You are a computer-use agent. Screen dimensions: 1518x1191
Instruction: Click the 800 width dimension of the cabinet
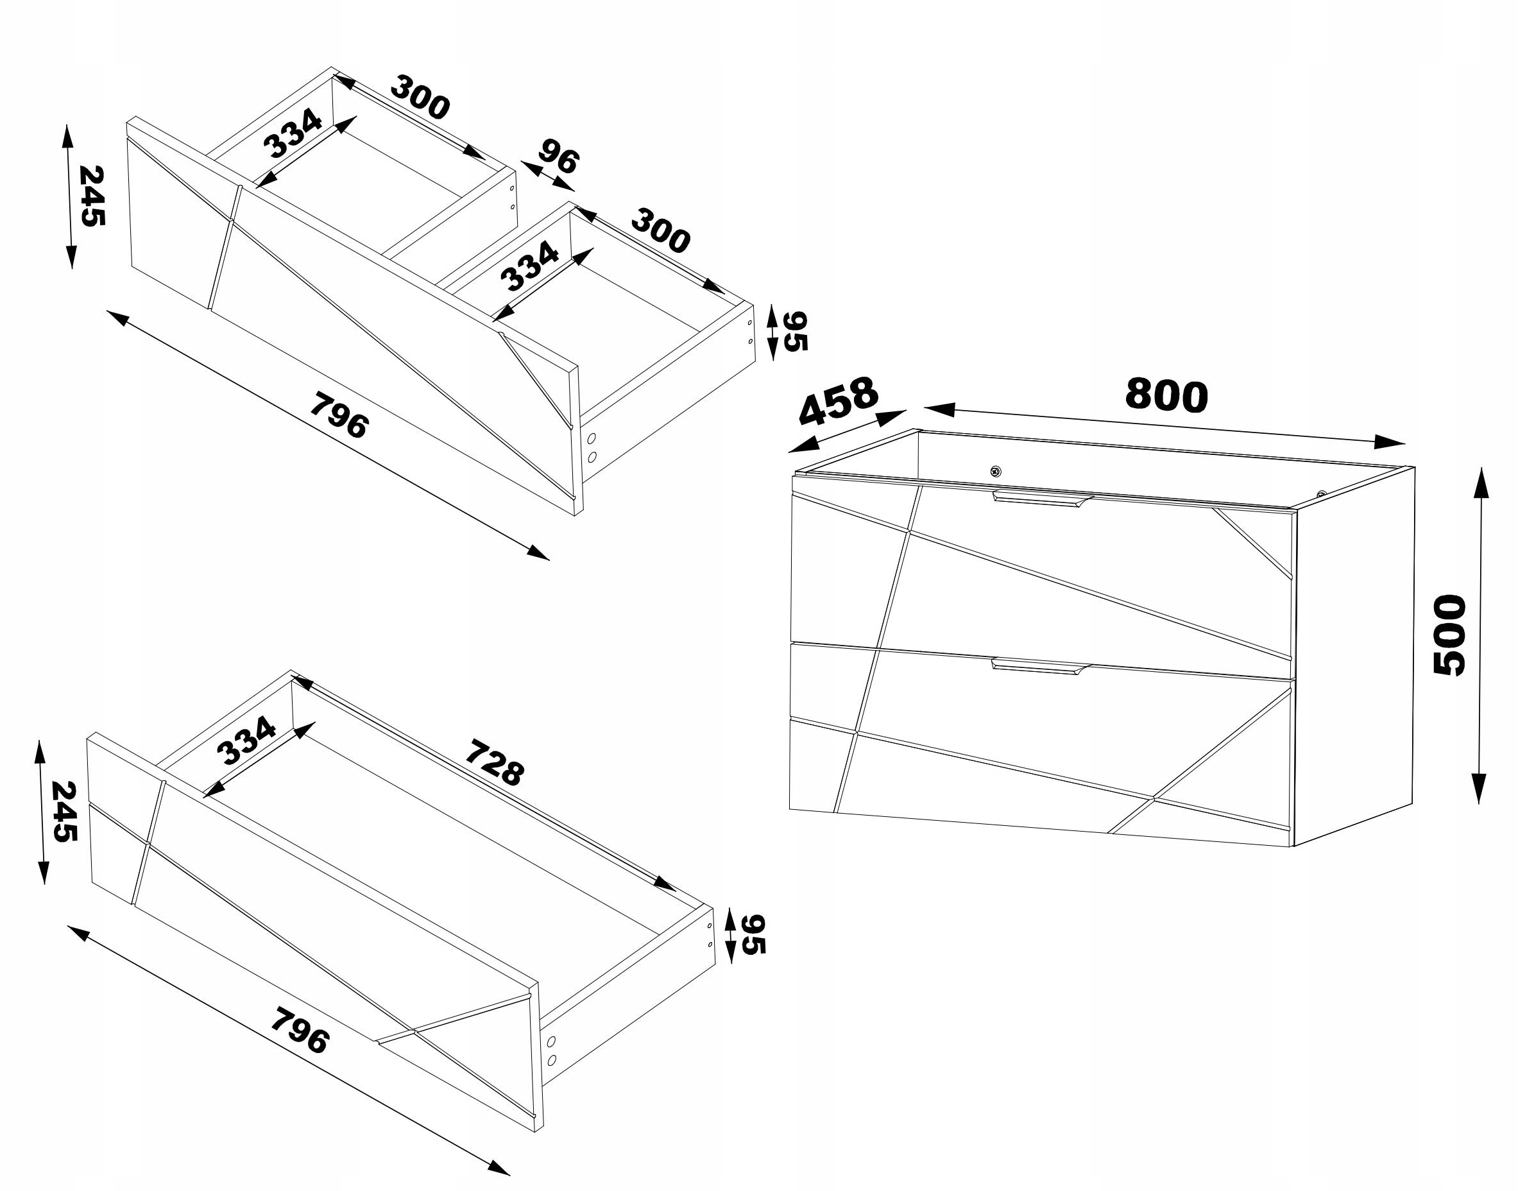(x=1166, y=395)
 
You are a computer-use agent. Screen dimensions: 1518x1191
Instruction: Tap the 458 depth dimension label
(x=838, y=402)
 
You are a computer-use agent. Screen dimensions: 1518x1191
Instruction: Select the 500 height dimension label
(x=1449, y=634)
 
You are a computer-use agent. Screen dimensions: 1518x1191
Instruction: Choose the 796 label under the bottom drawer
(x=298, y=1030)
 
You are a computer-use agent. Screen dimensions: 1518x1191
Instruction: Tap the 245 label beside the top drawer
(x=91, y=196)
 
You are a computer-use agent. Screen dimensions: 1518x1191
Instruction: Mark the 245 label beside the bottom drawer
(x=64, y=812)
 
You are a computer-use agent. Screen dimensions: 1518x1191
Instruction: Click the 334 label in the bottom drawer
(x=246, y=741)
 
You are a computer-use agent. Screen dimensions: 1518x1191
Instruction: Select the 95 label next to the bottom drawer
(x=753, y=934)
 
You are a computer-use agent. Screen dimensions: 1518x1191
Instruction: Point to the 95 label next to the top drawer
(x=795, y=331)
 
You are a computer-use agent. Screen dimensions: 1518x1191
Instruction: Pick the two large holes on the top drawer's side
(x=593, y=448)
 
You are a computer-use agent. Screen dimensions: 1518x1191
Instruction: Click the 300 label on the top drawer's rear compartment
(x=420, y=97)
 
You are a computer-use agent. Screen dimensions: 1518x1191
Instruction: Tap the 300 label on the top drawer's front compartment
(x=660, y=231)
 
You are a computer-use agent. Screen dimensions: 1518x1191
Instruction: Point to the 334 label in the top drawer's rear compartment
(x=293, y=133)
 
